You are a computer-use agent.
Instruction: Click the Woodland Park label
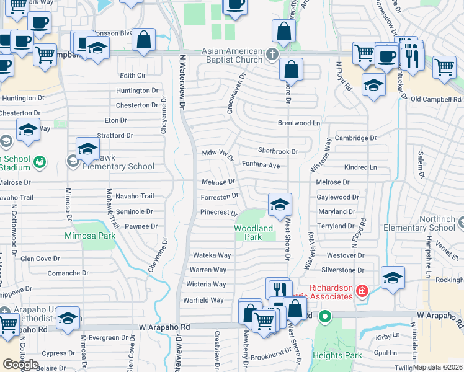click(x=253, y=232)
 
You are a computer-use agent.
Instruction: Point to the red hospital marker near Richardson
click(x=361, y=290)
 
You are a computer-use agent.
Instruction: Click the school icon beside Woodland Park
click(x=280, y=204)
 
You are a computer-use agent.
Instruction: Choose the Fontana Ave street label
click(x=261, y=165)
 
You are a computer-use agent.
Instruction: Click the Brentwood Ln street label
click(x=298, y=123)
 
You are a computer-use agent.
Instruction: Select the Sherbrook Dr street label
click(x=278, y=150)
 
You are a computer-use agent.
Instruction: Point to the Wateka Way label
click(x=212, y=255)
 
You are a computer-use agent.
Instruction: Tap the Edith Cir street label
click(x=133, y=75)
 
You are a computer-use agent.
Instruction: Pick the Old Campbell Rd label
click(x=436, y=99)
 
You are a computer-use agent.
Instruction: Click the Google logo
click(x=21, y=365)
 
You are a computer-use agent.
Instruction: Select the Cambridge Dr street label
click(x=355, y=138)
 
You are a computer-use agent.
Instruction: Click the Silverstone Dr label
click(x=342, y=270)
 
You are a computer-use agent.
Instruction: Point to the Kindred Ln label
click(x=360, y=167)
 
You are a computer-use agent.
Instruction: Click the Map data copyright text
click(x=438, y=367)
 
